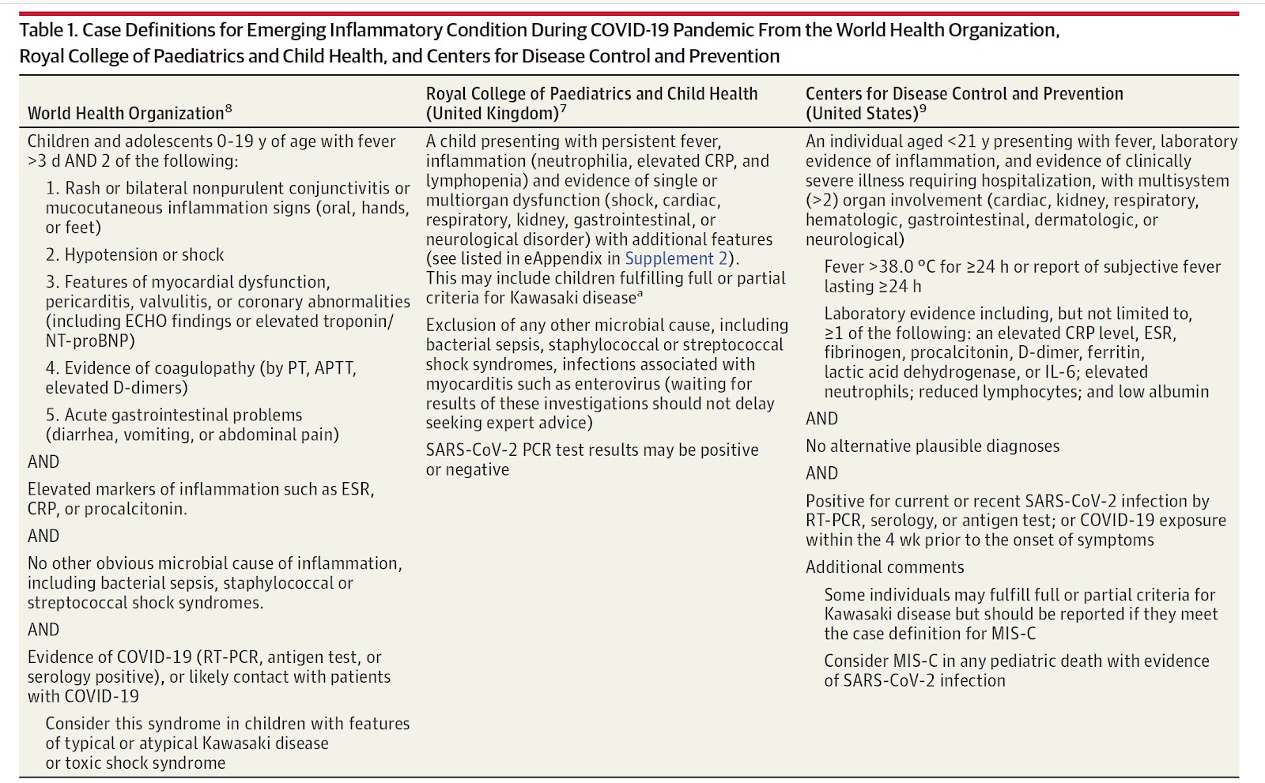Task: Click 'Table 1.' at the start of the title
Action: (48, 31)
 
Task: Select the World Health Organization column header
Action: (126, 114)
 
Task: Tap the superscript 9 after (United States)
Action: (923, 109)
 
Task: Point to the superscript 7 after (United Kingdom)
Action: (563, 109)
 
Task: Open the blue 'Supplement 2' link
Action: (676, 259)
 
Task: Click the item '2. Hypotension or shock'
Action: (134, 255)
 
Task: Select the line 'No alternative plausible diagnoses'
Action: (932, 446)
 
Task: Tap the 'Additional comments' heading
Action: (885, 567)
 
